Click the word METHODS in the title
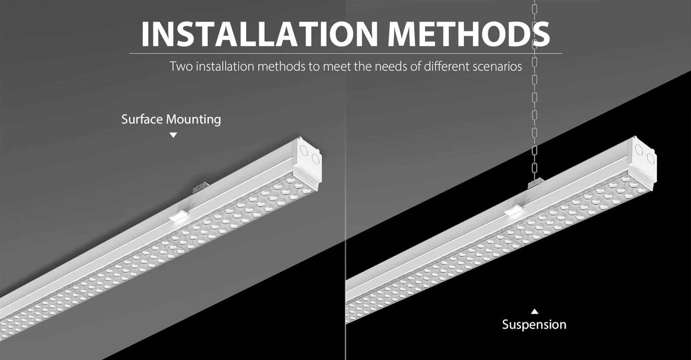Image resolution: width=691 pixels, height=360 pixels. (x=469, y=34)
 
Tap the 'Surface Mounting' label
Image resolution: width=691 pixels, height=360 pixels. (x=171, y=119)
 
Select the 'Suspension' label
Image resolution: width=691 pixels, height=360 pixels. (x=534, y=325)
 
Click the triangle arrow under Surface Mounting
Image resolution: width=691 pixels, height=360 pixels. (x=173, y=135)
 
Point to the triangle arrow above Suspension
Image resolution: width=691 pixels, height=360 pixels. (x=535, y=311)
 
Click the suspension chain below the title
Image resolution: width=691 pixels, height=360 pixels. (x=535, y=108)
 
